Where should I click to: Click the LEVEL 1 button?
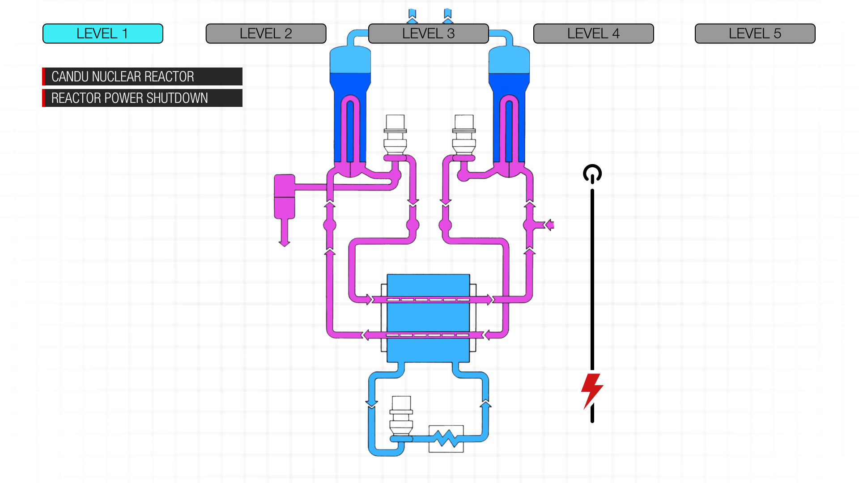(103, 34)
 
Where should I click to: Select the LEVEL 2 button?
(266, 34)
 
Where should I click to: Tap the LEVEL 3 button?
(428, 34)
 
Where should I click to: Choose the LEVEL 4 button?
(593, 34)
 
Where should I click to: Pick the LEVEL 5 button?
(755, 34)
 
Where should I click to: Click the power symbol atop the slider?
(592, 174)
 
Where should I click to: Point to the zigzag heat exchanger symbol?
(446, 439)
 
